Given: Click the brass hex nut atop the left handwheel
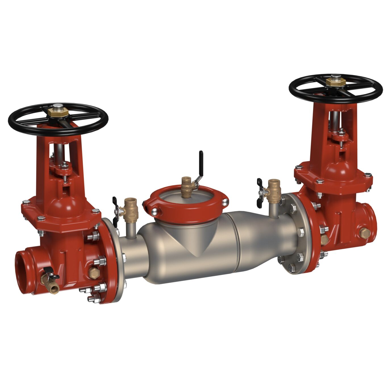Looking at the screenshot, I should (x=58, y=111).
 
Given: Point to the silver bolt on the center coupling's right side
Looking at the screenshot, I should (x=225, y=203).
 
